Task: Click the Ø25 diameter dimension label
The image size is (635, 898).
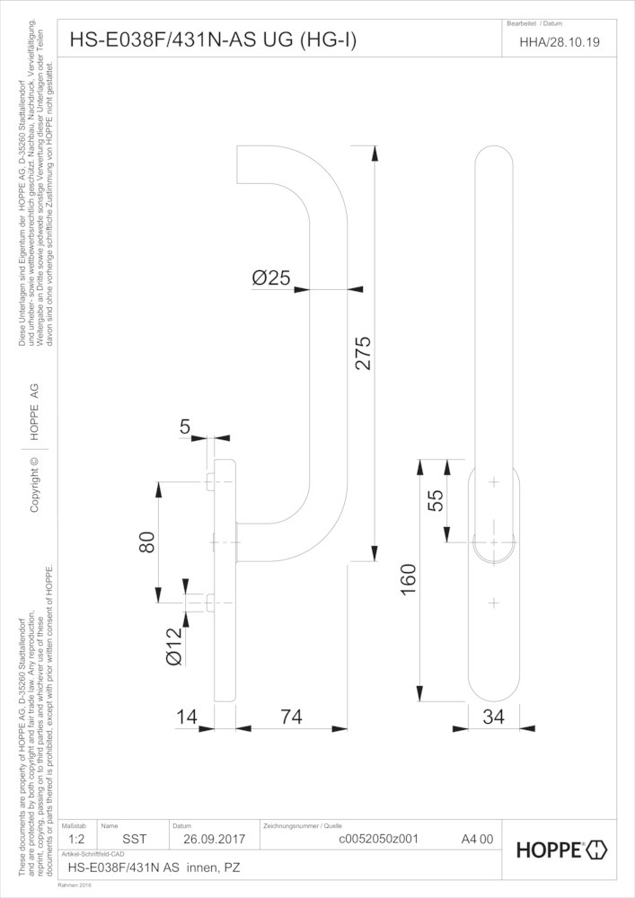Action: tap(270, 279)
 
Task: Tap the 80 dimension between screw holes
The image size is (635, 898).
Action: tap(147, 542)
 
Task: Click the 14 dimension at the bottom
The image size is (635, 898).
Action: tap(187, 718)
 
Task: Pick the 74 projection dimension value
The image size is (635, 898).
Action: tap(290, 718)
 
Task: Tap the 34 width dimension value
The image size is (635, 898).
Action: tap(493, 718)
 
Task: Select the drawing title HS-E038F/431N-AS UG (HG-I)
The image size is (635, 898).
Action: tap(213, 40)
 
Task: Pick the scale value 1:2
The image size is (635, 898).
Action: tap(77, 841)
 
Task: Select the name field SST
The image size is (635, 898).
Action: tap(134, 841)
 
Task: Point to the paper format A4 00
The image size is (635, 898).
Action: tap(477, 841)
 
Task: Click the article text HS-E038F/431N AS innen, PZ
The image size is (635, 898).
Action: tap(154, 868)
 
